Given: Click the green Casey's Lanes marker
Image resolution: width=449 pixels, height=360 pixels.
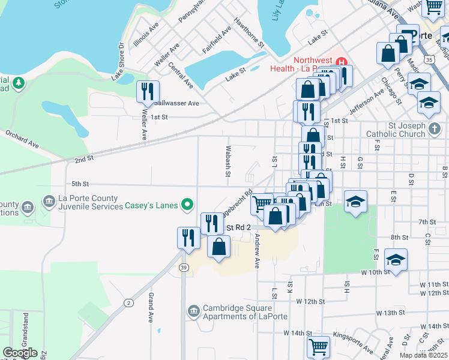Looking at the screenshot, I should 187,206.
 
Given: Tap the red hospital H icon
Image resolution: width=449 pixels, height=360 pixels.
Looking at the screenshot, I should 342,62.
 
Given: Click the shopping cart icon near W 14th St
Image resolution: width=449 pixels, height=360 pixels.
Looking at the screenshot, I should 318,347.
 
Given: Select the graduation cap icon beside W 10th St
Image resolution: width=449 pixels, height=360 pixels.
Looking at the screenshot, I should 396,259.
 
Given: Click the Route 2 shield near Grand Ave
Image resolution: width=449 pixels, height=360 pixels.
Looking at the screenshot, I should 128,302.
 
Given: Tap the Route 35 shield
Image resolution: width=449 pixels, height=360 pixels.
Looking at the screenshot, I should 428,60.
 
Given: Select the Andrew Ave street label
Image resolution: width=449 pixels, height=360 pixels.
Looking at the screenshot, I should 257,251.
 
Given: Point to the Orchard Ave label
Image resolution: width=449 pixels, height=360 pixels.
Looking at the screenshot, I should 22,138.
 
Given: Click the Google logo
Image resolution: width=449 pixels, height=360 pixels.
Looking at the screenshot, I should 20,353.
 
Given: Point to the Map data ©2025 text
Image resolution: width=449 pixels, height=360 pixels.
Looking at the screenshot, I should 423,355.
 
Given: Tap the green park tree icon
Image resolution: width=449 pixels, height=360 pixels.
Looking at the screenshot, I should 19,82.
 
